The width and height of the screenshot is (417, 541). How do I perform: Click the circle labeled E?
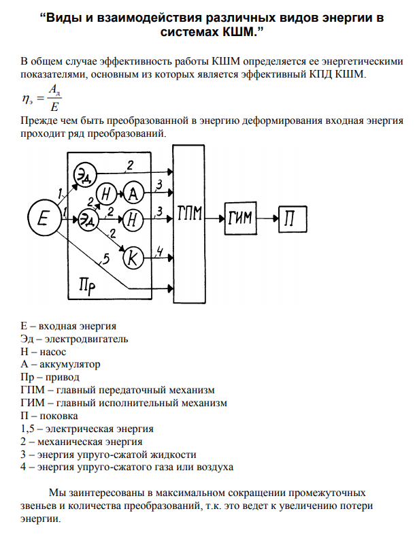(x=44, y=218)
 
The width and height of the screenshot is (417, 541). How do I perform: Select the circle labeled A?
(x=133, y=194)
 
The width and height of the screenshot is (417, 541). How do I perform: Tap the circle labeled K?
(x=133, y=257)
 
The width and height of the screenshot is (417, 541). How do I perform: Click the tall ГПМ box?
(x=188, y=217)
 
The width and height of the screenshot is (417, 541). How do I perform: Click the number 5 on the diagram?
(x=105, y=259)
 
